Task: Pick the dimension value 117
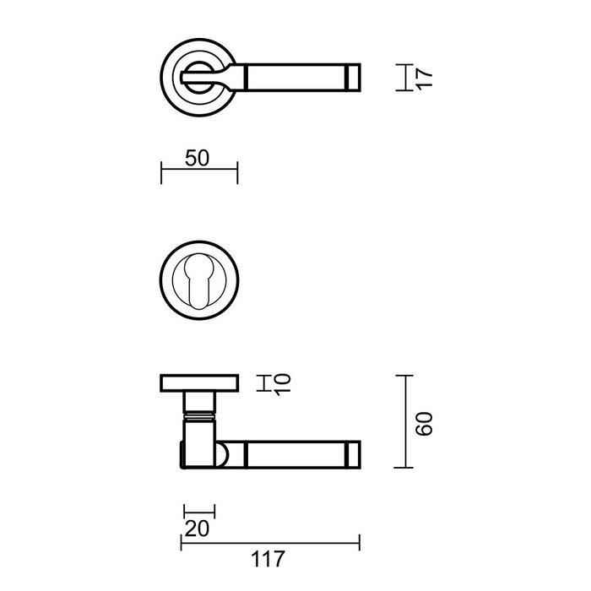[268, 558]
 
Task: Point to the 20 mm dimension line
[199, 511]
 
